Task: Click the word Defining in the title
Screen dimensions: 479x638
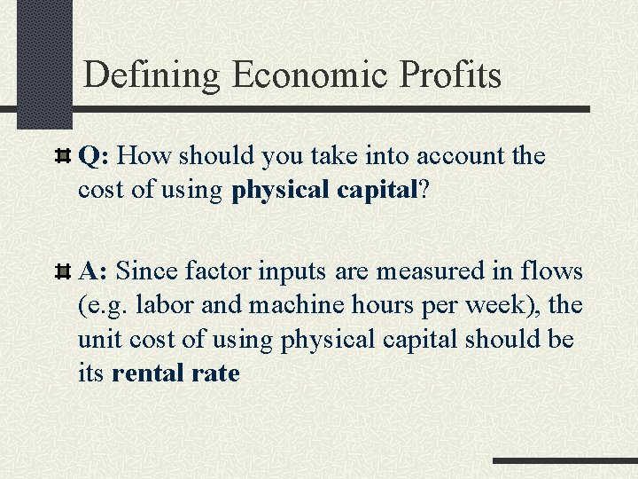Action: (152, 75)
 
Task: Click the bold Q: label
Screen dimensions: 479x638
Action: (94, 157)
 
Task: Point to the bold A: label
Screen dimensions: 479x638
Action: (94, 269)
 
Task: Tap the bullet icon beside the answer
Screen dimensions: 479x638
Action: (64, 270)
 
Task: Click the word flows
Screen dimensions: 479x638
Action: (551, 269)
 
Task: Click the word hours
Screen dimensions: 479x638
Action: (364, 304)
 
